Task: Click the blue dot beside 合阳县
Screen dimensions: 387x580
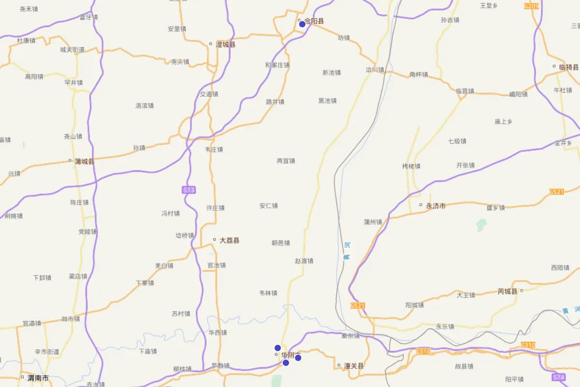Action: point(302,24)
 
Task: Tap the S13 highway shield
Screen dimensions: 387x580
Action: point(189,190)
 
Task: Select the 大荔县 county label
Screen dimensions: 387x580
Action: point(229,240)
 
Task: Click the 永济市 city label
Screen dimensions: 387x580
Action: point(435,206)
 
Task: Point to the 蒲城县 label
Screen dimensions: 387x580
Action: point(85,161)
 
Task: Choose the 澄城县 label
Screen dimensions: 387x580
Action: point(225,45)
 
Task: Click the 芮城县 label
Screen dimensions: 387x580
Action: point(507,291)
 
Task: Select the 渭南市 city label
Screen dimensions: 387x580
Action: point(38,378)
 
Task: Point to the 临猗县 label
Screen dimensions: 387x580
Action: point(568,67)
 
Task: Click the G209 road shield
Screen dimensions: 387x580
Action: point(531,6)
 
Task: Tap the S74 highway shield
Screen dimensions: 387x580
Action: point(558,377)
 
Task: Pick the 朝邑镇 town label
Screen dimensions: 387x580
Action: point(281,243)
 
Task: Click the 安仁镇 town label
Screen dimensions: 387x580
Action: point(269,206)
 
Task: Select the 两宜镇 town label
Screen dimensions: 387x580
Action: point(286,161)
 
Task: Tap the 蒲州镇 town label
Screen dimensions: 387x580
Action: point(373,222)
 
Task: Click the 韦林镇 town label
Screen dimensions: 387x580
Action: point(268,293)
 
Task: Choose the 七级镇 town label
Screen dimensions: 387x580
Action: point(457,141)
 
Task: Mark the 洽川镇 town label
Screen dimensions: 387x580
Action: point(375,70)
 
